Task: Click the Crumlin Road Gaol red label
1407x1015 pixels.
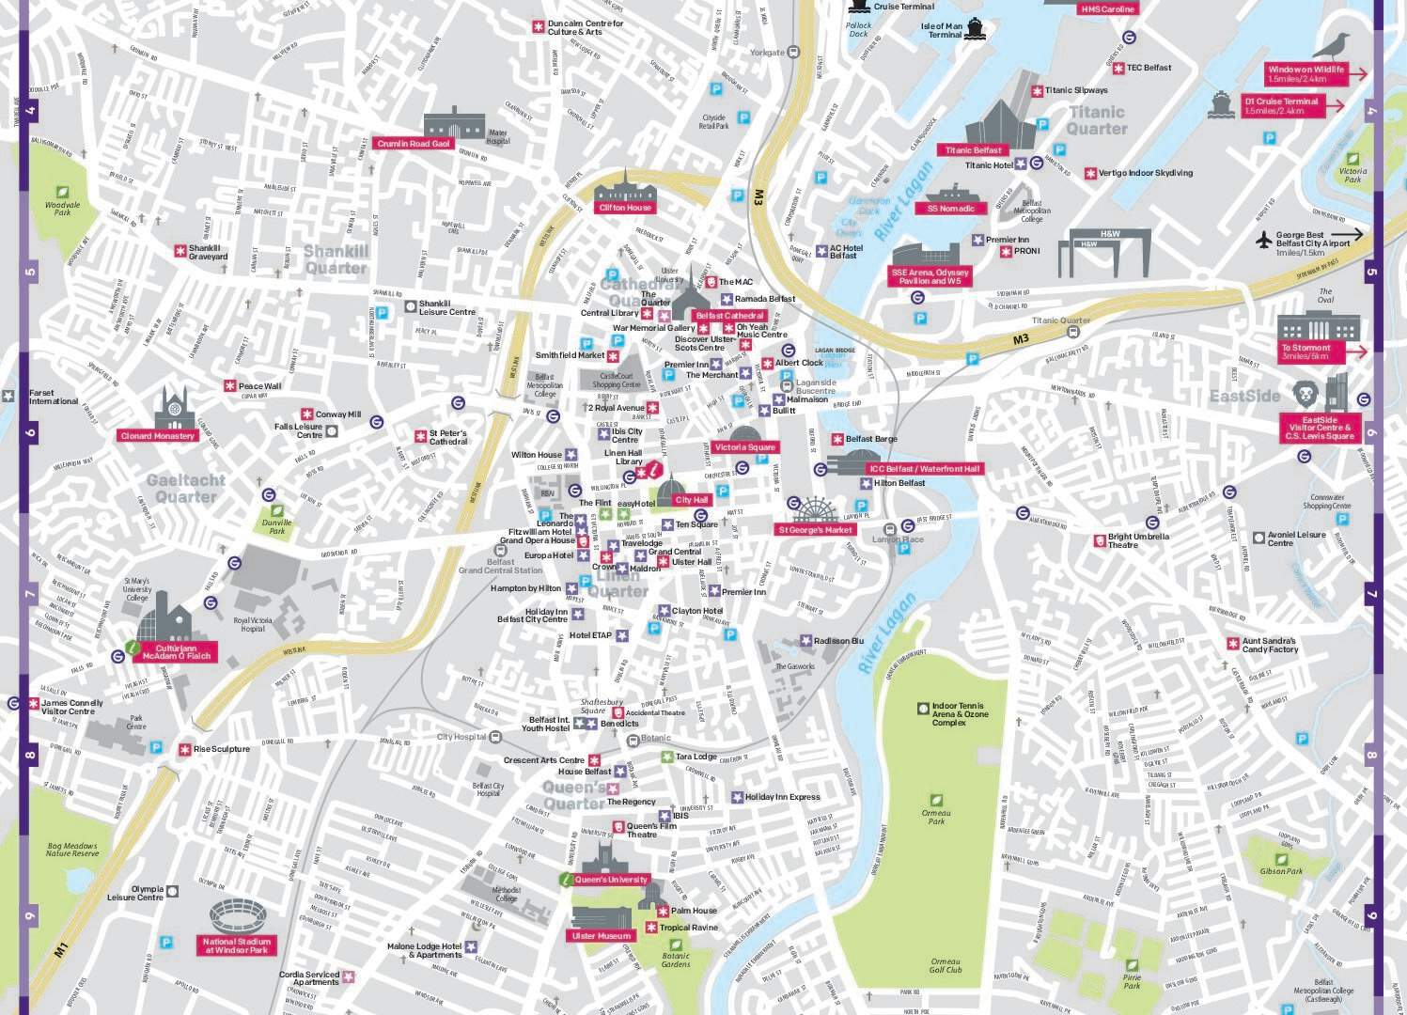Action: click(x=414, y=144)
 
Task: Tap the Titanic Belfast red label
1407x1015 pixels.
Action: click(x=973, y=150)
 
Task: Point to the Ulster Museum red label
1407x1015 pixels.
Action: click(x=602, y=936)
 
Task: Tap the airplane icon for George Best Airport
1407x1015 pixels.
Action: click(x=1263, y=240)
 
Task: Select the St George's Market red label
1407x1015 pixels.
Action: click(x=815, y=530)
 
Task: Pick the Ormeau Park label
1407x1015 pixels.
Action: click(x=936, y=817)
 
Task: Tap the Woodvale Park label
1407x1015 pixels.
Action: click(x=63, y=208)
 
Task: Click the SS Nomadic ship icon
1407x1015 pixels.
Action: click(x=951, y=193)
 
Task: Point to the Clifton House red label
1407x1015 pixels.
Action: click(x=625, y=208)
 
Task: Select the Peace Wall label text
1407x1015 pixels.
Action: click(x=259, y=386)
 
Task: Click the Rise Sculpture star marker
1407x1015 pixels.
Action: click(x=184, y=749)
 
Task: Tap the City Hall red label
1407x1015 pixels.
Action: click(x=691, y=500)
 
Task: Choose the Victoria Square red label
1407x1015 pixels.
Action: click(x=744, y=447)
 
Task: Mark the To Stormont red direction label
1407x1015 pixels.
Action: click(x=1310, y=351)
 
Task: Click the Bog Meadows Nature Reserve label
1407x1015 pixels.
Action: click(x=72, y=850)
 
